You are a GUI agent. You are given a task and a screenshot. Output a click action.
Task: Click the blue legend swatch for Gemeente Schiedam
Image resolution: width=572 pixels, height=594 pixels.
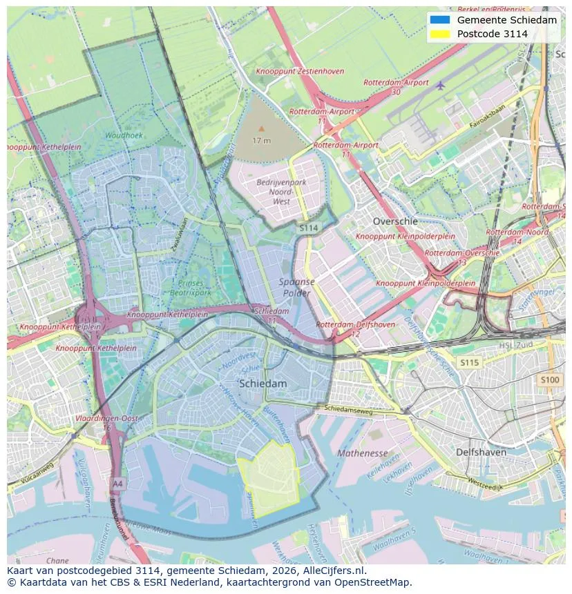439,20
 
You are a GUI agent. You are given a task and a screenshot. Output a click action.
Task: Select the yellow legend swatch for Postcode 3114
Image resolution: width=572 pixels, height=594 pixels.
439,34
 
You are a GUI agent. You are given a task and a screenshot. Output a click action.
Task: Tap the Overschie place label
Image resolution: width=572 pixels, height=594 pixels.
395,221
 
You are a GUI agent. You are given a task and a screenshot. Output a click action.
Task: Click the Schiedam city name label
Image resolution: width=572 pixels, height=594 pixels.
263,384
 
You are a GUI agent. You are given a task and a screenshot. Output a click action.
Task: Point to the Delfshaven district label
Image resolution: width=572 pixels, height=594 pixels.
481,453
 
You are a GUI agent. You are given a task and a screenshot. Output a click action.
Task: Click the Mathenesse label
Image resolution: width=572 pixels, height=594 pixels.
362,453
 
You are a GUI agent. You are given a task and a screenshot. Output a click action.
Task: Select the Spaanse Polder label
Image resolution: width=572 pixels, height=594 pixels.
296,287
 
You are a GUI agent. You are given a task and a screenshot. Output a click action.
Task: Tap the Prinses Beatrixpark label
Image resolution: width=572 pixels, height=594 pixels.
191,288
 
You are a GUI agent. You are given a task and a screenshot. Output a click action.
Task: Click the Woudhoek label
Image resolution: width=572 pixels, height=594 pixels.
124,136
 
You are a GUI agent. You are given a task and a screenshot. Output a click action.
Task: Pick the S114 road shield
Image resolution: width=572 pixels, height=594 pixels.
308,227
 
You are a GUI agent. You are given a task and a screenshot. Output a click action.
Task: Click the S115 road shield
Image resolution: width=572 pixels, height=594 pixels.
469,362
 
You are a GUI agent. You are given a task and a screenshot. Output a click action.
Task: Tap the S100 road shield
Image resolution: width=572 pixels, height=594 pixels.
550,380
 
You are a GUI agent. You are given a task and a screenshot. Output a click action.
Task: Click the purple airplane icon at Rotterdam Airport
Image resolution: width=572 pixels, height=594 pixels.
440,86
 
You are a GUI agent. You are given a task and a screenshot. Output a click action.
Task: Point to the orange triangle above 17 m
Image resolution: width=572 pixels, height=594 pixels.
261,128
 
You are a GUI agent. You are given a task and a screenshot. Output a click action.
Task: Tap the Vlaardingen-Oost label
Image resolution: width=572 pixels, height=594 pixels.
107,419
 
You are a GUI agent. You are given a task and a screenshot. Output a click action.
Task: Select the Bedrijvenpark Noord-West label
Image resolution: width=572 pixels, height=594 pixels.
281,192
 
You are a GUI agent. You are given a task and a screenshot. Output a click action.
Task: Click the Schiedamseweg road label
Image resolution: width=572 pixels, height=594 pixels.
349,409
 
